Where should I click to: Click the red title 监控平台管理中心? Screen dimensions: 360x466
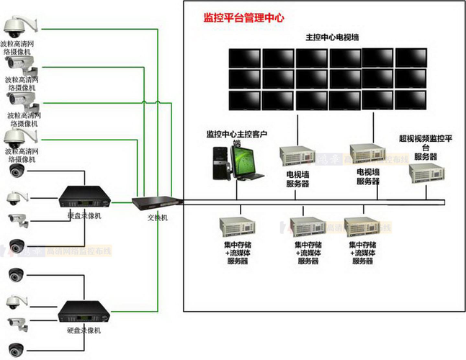pos(244,17)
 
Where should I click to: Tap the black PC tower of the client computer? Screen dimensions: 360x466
pos(219,162)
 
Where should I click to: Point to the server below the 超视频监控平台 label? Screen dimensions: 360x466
pos(425,173)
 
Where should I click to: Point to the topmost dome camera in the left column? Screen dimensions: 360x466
pos(14,27)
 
